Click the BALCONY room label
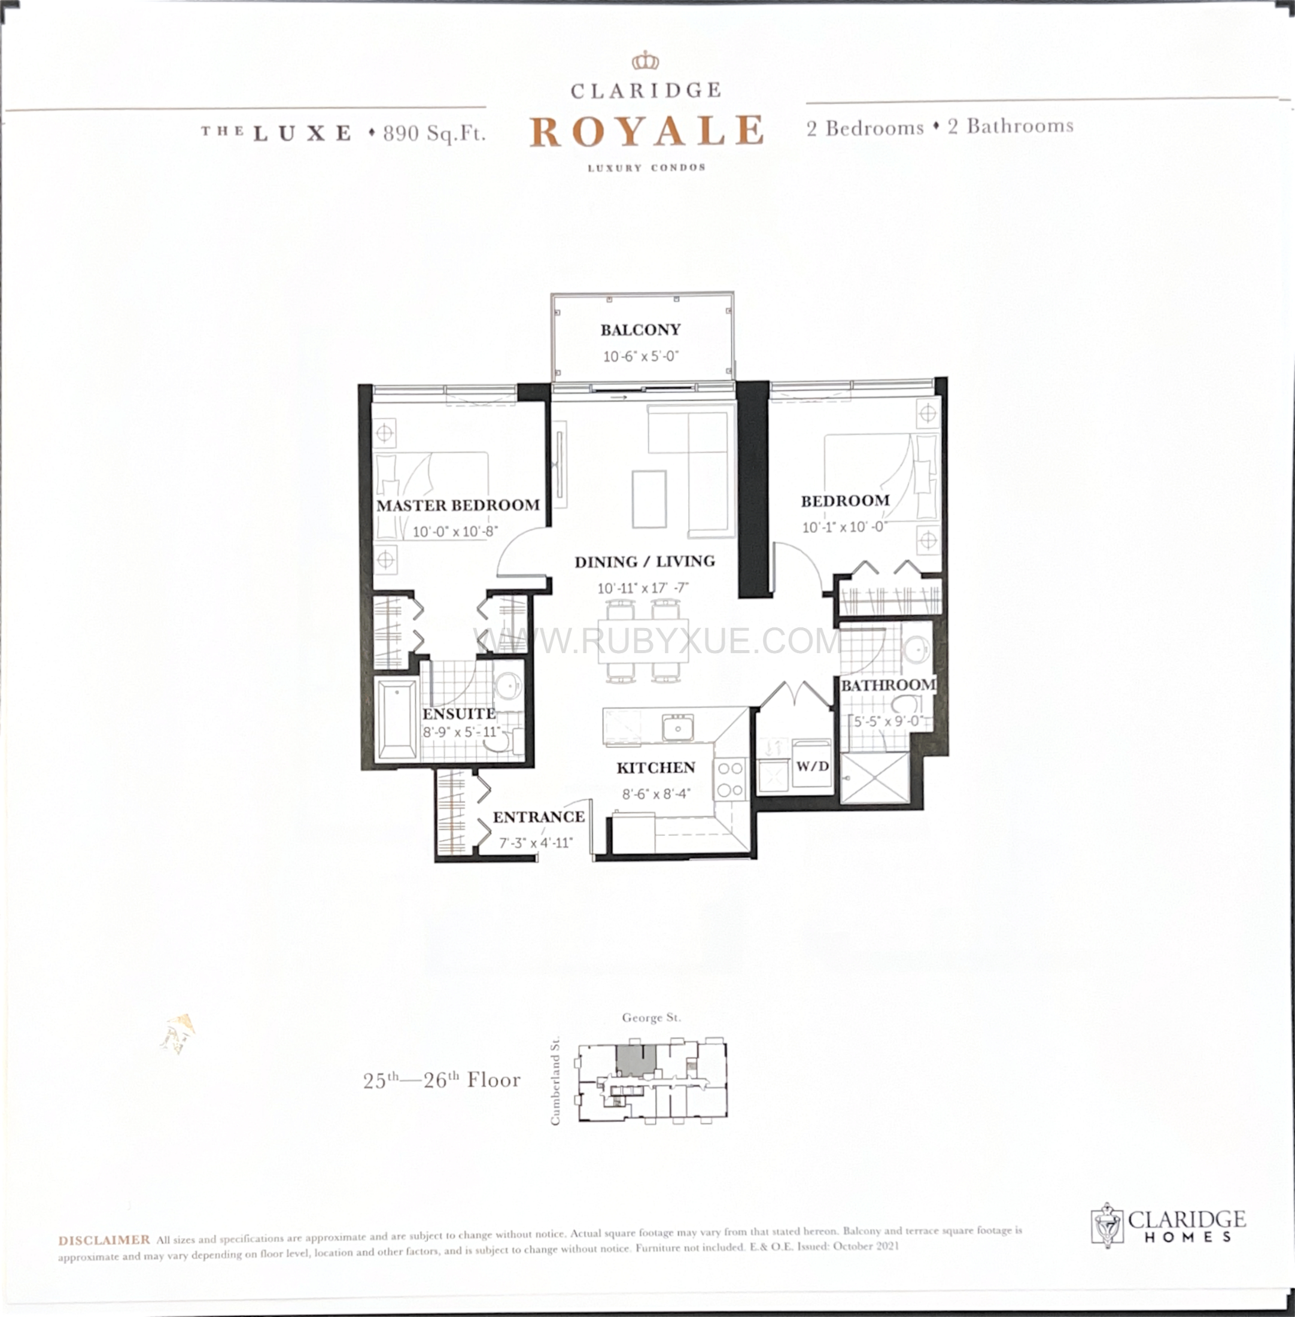click(x=640, y=330)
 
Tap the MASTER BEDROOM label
click(x=458, y=505)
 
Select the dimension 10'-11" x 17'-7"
click(x=643, y=588)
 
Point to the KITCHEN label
click(x=656, y=768)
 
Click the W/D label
click(x=813, y=767)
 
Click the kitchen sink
click(x=677, y=727)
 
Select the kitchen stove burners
click(x=731, y=779)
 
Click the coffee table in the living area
click(x=649, y=499)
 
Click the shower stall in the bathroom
click(x=874, y=778)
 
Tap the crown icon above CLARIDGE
click(x=646, y=61)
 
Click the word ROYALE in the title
click(x=646, y=131)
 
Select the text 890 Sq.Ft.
click(x=434, y=133)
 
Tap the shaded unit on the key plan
click(x=636, y=1060)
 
